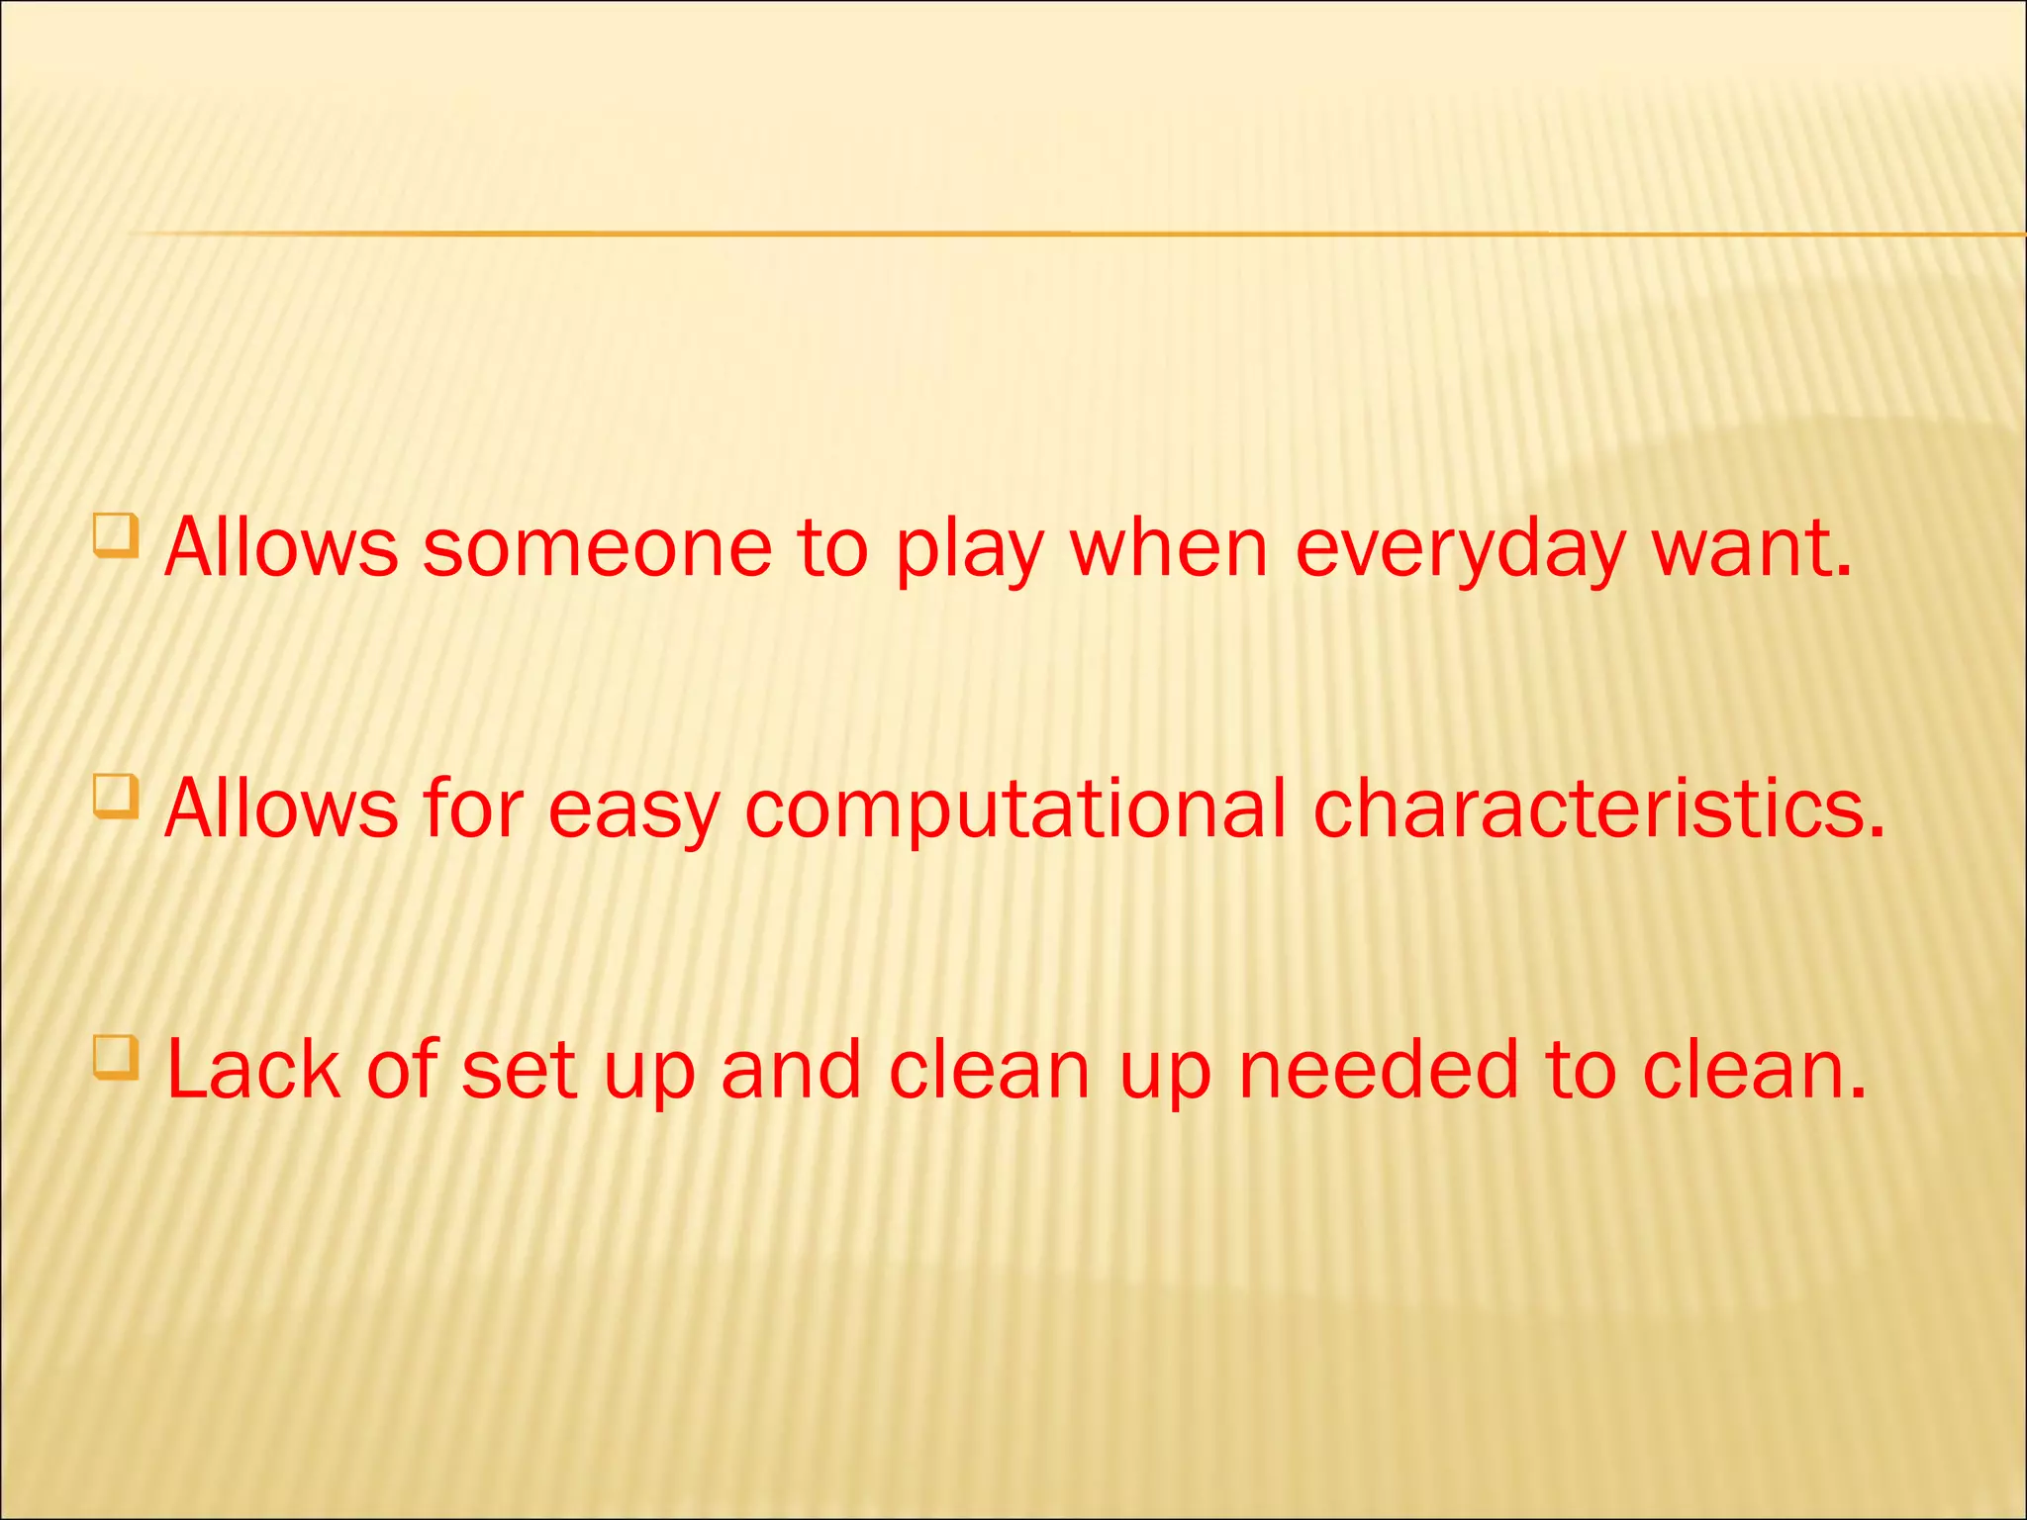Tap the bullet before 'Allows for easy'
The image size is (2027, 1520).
[x=116, y=797]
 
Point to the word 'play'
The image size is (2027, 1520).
[x=969, y=550]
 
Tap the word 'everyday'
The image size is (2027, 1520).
[x=1459, y=550]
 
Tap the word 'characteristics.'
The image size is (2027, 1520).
[x=1598, y=808]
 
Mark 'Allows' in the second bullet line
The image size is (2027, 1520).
[x=281, y=808]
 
